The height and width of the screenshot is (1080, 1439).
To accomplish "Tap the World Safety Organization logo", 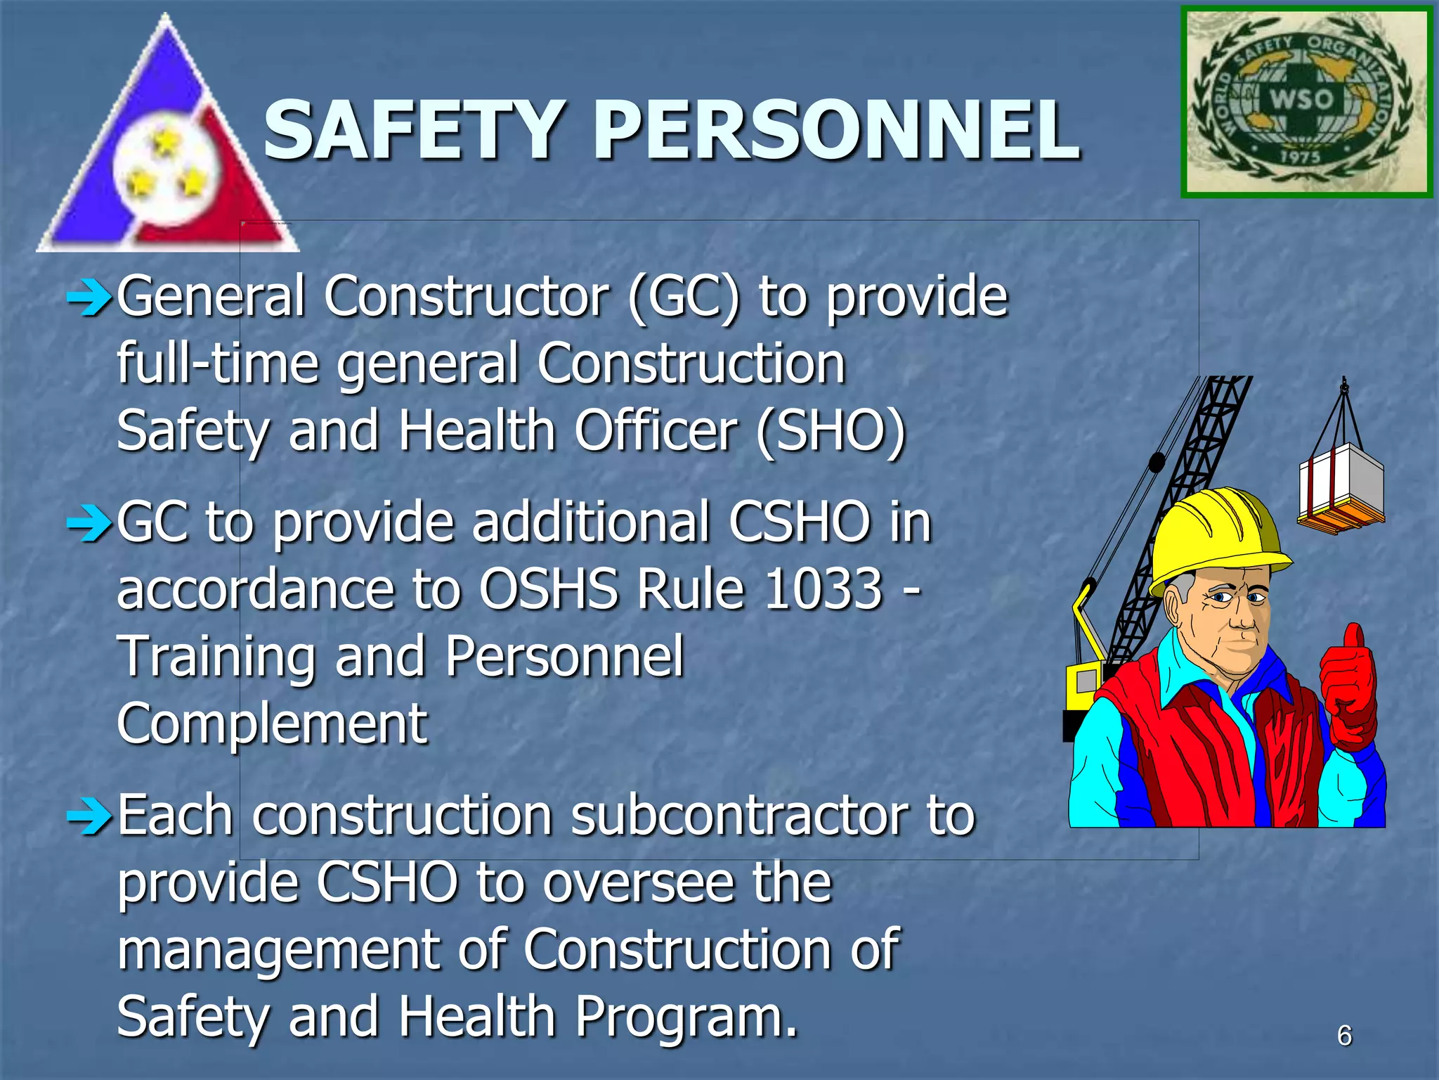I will point(1305,102).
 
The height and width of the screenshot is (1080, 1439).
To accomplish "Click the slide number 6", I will point(1344,1036).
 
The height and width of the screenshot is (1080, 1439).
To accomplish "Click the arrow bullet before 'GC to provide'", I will point(89,525).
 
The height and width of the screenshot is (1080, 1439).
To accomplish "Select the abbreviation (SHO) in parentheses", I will point(831,430).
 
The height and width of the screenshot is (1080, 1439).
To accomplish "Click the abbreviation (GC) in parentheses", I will point(683,297).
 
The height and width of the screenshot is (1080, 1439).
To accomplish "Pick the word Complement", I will point(272,724).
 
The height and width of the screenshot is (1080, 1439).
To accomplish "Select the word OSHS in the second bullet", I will point(549,589).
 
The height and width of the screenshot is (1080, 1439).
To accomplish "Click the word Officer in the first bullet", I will point(655,430).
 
